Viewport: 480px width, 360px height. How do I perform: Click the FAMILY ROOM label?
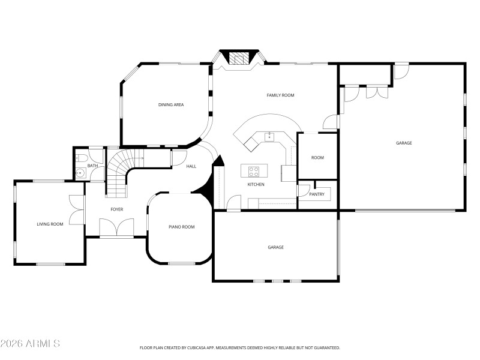click(x=280, y=95)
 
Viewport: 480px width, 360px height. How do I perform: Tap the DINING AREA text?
click(x=171, y=105)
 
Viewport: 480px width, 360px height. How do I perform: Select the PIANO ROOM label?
click(x=181, y=227)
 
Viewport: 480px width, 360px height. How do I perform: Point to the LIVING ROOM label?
click(x=50, y=224)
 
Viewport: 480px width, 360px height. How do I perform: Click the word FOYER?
click(x=116, y=209)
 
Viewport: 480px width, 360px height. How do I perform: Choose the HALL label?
click(x=191, y=166)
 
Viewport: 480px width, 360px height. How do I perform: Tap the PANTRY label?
click(x=317, y=194)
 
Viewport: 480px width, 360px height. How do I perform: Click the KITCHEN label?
click(x=256, y=184)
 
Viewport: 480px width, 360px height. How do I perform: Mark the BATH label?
click(x=92, y=166)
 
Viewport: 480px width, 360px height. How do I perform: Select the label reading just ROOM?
click(x=317, y=158)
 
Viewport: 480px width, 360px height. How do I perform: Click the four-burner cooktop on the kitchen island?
click(x=254, y=170)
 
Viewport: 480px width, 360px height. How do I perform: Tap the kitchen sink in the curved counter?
click(x=270, y=137)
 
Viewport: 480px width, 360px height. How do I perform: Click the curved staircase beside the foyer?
click(x=120, y=171)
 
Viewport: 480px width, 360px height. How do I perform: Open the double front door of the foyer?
click(x=116, y=229)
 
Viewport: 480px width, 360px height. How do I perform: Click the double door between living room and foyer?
click(x=77, y=209)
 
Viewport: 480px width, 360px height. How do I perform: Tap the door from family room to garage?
click(x=330, y=122)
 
